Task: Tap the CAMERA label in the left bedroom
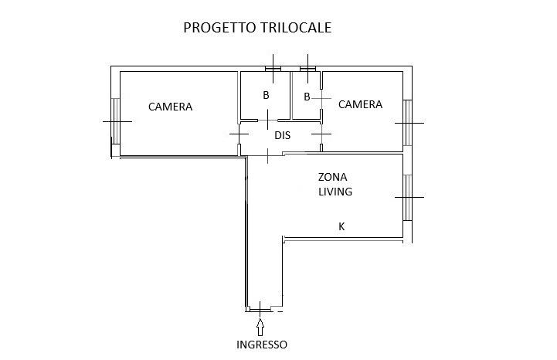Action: tap(170, 107)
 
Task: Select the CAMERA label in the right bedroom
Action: tap(360, 104)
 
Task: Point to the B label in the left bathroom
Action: tap(266, 96)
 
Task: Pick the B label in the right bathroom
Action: tap(307, 97)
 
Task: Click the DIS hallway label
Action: tap(283, 134)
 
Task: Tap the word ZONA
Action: tap(333, 176)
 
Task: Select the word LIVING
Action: tap(335, 192)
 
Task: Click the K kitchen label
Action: tap(341, 226)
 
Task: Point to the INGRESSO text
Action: tap(262, 345)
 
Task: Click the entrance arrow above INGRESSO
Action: tap(260, 324)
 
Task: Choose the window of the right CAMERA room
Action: tap(407, 122)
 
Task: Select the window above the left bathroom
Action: tap(273, 69)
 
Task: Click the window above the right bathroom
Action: tap(308, 69)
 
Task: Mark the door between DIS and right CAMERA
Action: tap(322, 134)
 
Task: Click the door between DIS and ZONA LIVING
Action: tap(267, 154)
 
